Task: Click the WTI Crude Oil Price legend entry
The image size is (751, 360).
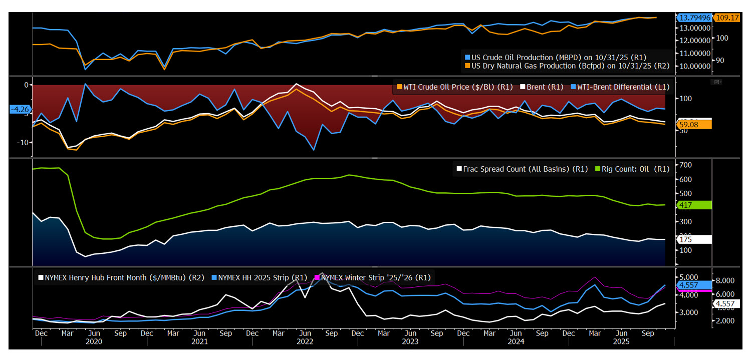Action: point(455,87)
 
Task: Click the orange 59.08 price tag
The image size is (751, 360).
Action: point(694,124)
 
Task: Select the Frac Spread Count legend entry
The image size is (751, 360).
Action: point(521,169)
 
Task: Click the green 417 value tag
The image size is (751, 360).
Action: point(693,205)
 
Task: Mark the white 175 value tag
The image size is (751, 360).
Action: point(693,240)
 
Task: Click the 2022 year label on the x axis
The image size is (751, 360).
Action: point(305,341)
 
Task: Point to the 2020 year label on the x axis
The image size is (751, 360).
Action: point(94,341)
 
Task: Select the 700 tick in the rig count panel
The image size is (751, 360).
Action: point(685,165)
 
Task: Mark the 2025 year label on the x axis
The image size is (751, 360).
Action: point(622,341)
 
